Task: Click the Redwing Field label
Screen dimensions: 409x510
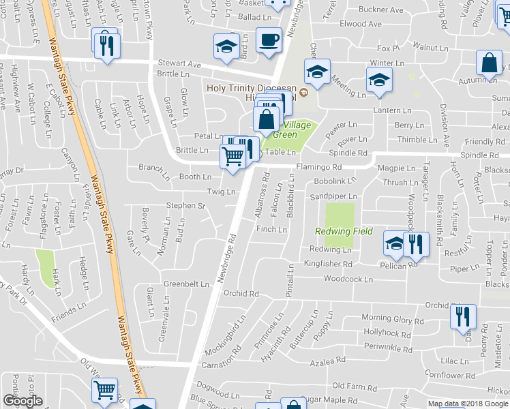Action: tap(344, 231)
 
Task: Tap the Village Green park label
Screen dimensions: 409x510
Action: tap(292, 130)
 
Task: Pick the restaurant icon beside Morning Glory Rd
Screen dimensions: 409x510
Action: tap(463, 316)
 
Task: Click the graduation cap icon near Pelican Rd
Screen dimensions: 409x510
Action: tap(394, 243)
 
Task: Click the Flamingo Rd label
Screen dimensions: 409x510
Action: tap(318, 166)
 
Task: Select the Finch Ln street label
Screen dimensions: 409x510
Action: tap(271, 230)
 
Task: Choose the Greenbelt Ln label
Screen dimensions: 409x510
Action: tap(185, 284)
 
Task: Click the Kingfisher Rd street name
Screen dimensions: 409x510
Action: tap(327, 263)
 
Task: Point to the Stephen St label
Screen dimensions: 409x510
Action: tap(186, 205)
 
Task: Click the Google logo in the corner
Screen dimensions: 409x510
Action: tap(22, 401)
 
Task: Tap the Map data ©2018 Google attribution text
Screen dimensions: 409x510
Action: tap(468, 404)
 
